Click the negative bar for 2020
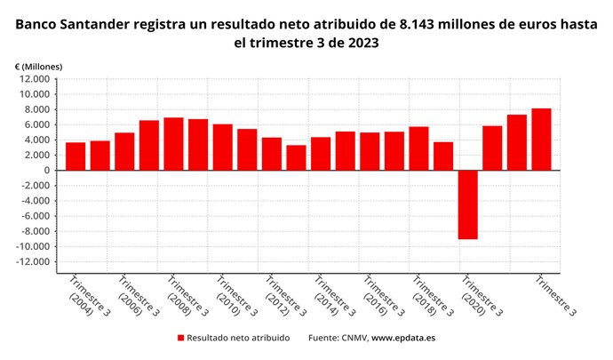pos(468,204)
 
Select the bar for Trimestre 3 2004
pos(76,156)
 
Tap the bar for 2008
pos(173,143)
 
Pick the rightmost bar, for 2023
pos(541,139)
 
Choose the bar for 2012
pos(272,154)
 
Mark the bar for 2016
pos(370,151)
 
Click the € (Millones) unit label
pos(38,67)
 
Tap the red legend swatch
pos(181,338)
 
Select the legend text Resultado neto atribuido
pos(238,338)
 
